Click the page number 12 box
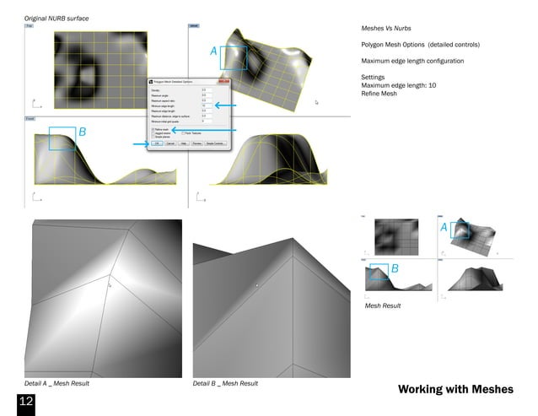point(25,401)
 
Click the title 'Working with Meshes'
point(455,389)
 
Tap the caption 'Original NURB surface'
point(56,18)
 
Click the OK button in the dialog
point(157,143)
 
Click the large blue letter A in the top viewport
point(213,52)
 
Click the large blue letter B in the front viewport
point(82,132)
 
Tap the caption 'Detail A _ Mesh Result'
point(56,384)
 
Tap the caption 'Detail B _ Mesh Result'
point(225,384)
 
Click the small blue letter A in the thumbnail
point(444,228)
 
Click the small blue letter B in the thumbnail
point(394,267)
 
